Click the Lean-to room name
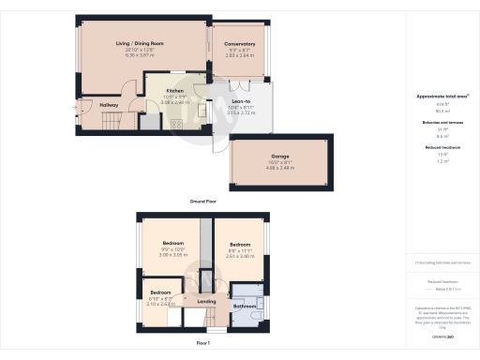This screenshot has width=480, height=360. coord(240,101)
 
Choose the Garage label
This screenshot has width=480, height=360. coord(280,156)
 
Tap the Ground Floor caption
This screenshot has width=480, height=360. coord(204,202)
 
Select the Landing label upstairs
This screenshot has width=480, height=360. coord(207,302)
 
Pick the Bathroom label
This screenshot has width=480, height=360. coord(245,307)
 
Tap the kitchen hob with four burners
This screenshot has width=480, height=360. coord(175,123)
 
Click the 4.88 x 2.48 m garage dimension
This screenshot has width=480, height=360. coord(280,168)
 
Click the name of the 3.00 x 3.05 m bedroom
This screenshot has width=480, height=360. coord(172,244)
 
